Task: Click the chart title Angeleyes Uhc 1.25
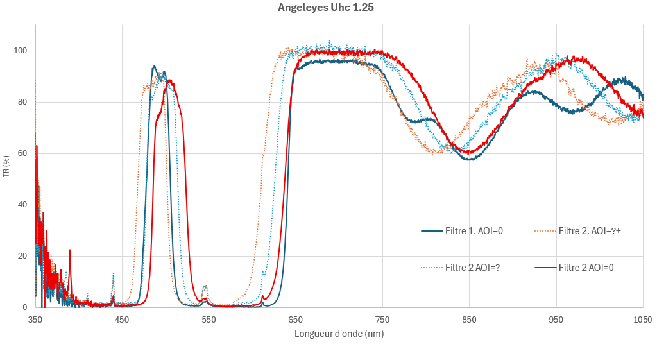click(325, 8)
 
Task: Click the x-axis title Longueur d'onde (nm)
click(339, 334)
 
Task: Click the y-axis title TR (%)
click(6, 166)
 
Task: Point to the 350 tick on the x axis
click(35, 319)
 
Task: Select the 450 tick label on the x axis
click(122, 319)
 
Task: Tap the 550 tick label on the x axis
click(209, 319)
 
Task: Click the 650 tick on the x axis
click(296, 319)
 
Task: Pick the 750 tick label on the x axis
click(382, 319)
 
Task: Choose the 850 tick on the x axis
click(469, 319)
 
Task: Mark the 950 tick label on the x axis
click(556, 319)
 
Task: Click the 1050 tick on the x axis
click(642, 319)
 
